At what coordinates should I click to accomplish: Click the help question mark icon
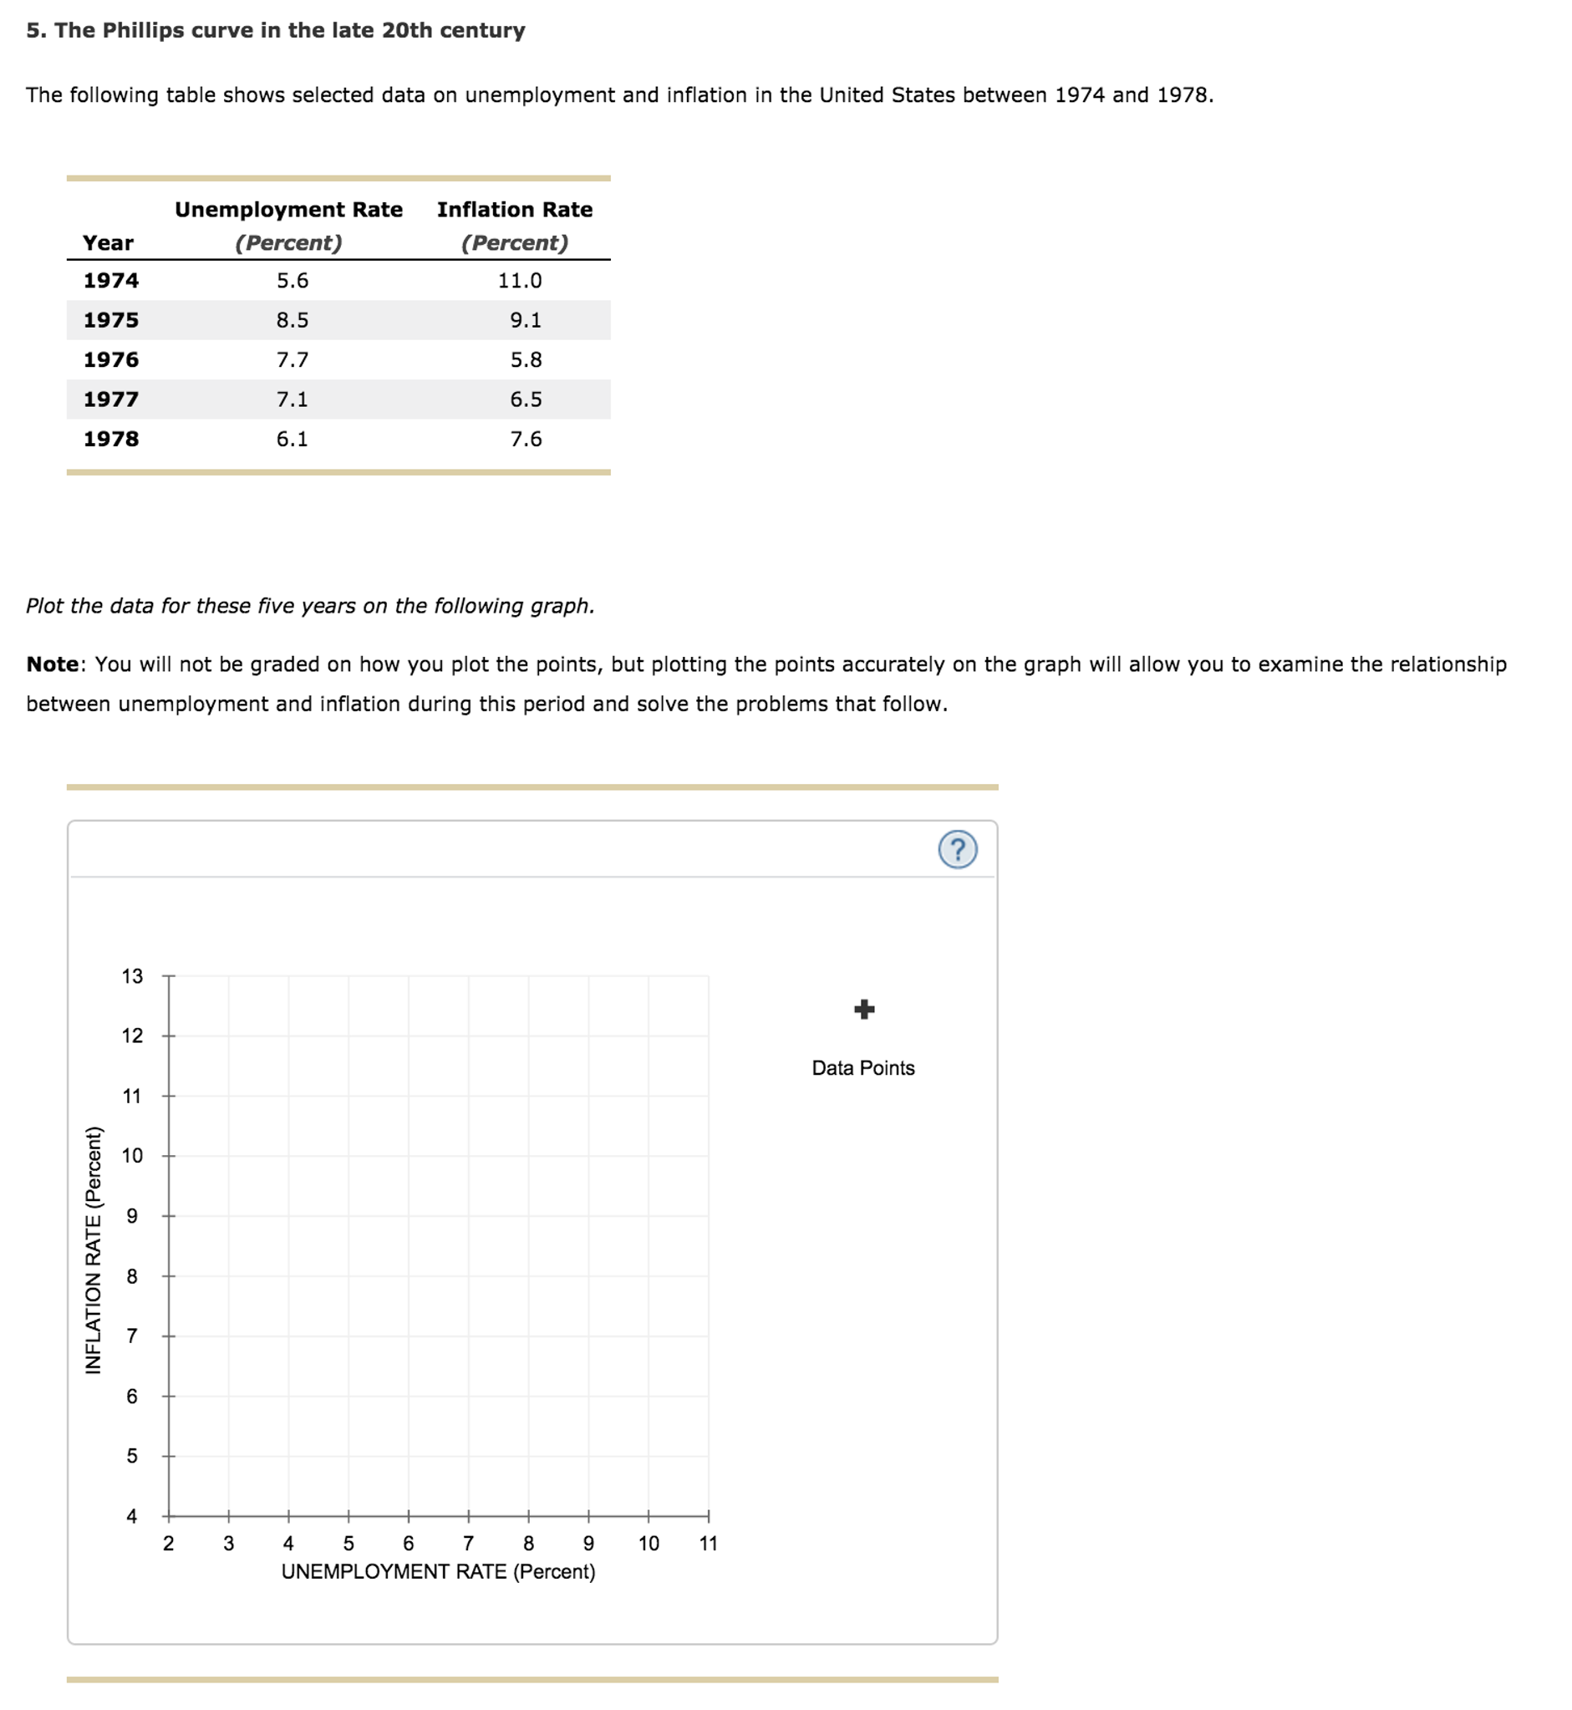[957, 849]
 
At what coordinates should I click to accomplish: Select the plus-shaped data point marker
[863, 1009]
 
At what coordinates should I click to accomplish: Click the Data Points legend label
[862, 1067]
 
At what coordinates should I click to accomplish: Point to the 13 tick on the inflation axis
[132, 976]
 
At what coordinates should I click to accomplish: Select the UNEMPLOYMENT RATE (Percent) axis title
[438, 1571]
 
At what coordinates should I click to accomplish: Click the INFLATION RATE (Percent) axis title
[94, 1249]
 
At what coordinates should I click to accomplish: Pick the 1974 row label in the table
[110, 281]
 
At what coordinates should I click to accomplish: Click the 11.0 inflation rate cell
[519, 281]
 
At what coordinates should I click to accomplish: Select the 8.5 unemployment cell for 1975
[292, 320]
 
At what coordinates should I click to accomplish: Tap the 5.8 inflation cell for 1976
[526, 360]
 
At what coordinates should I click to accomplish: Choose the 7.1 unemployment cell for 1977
[292, 399]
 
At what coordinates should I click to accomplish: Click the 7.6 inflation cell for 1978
[526, 439]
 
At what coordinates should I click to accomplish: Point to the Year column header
[108, 243]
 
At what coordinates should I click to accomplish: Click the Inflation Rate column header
[515, 209]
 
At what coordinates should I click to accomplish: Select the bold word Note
[53, 664]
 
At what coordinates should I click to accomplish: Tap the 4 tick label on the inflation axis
[132, 1516]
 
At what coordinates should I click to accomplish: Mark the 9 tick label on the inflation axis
[132, 1216]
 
